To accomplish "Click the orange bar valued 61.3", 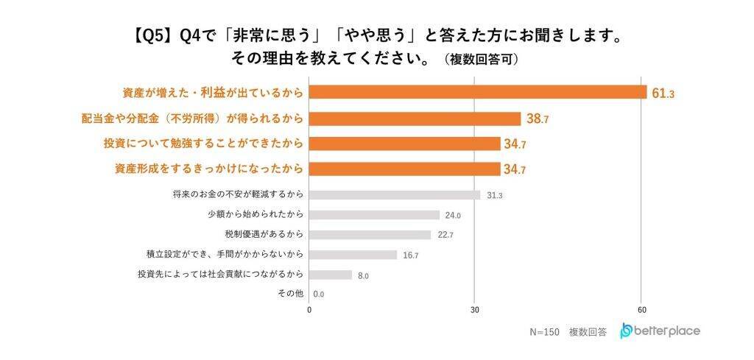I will (x=477, y=93).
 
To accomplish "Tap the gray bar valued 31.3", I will (x=394, y=195).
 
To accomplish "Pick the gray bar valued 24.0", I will (x=374, y=215).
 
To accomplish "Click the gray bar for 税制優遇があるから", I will (x=370, y=235).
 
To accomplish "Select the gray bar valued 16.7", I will (x=353, y=255).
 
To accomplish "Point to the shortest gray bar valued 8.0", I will (x=330, y=275).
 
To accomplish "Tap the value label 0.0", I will (x=319, y=294).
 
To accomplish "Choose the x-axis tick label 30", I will (x=475, y=310).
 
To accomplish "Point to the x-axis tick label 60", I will (x=642, y=310).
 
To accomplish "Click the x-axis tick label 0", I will (x=309, y=310).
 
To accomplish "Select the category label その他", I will (x=291, y=294).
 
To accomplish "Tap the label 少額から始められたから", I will (x=256, y=215).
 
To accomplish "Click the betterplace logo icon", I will (x=626, y=331).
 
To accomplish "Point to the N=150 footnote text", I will (x=545, y=332).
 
